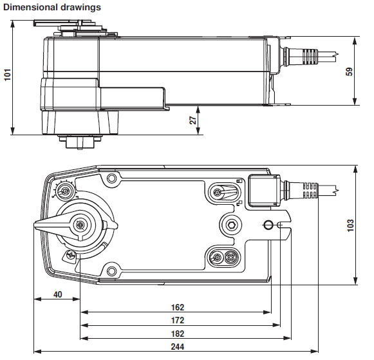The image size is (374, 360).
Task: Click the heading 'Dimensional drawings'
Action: click(52, 7)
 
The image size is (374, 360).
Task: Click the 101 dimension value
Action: click(8, 75)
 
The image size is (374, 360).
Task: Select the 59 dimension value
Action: click(349, 72)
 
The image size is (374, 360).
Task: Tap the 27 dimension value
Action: click(192, 120)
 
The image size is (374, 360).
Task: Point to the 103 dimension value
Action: click(350, 225)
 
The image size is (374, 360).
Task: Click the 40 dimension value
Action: click(58, 294)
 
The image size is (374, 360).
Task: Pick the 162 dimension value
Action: click(178, 307)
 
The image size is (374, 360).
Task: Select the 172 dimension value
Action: click(178, 320)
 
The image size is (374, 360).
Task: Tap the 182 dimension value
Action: click(178, 334)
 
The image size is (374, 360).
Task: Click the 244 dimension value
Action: click(178, 346)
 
